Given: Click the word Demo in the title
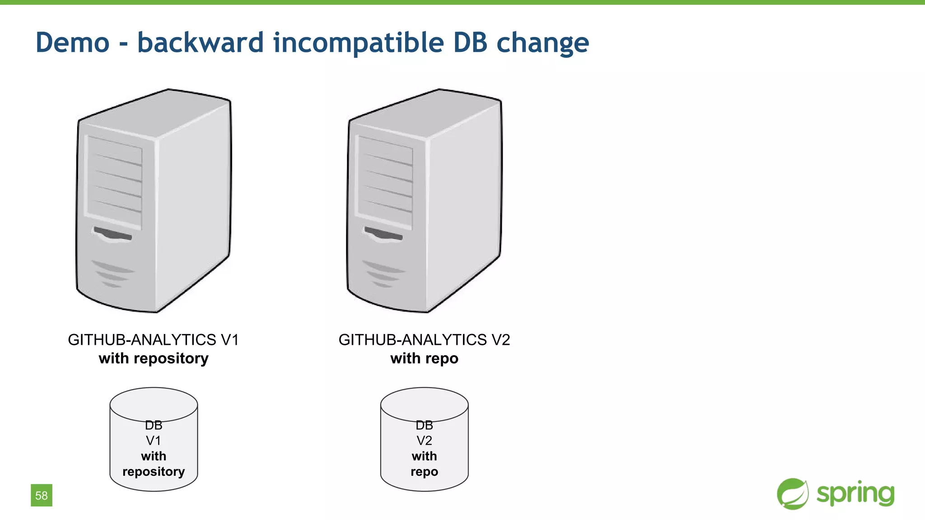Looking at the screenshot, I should tap(72, 43).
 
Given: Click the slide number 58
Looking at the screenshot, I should tap(42, 495).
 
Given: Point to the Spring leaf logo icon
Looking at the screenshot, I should tap(793, 494).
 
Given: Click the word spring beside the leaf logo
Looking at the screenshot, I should tap(855, 494).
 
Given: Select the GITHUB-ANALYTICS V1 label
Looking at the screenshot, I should tap(154, 340).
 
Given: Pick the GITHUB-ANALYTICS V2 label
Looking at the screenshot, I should tap(424, 340).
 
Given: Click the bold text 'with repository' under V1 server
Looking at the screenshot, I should tap(154, 358).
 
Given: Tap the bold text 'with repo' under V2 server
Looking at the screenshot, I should tap(424, 358).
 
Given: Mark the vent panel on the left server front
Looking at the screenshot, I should tap(114, 181).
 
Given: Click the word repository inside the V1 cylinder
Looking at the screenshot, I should tap(154, 472).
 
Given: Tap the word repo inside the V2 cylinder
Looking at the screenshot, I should tap(424, 472).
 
